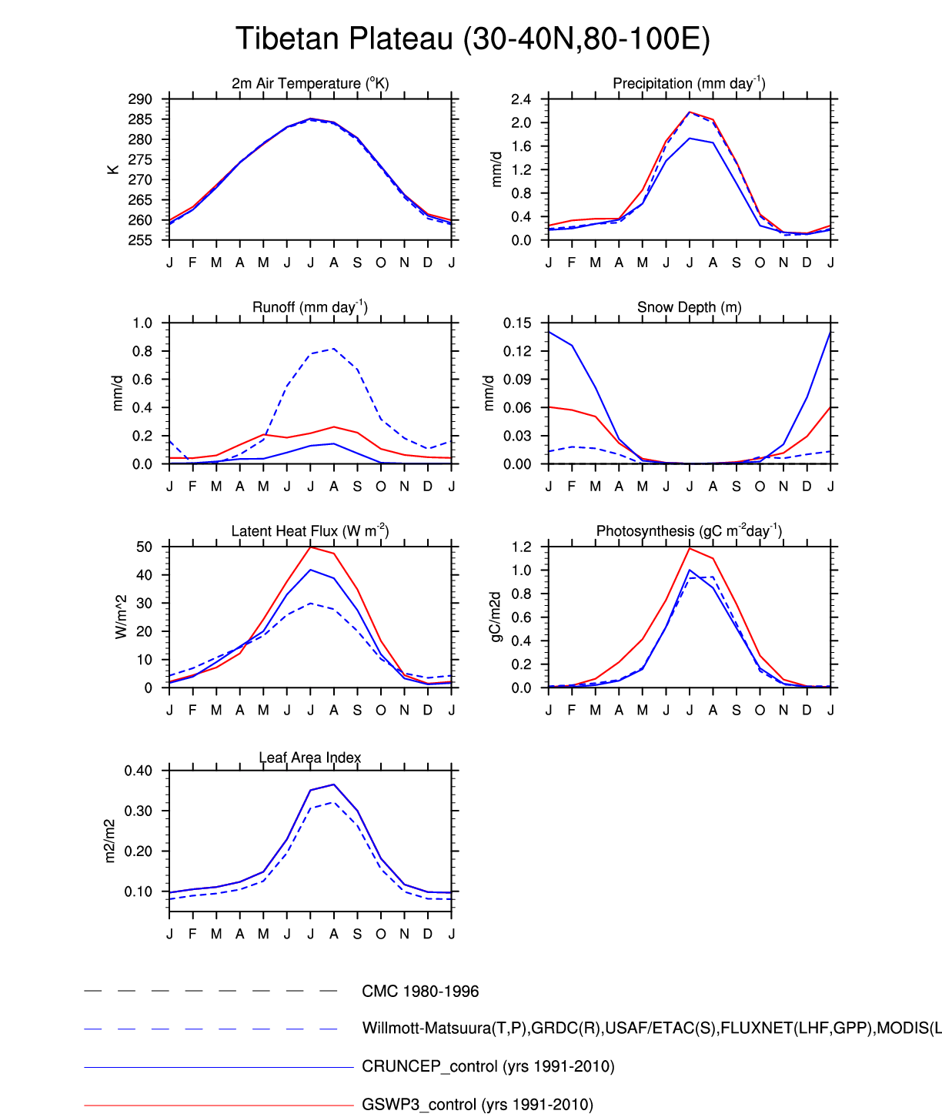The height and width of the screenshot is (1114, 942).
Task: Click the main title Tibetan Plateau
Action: [473, 38]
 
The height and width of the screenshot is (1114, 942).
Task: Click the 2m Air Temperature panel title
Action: [310, 83]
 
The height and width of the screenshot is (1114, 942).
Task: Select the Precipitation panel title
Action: [689, 83]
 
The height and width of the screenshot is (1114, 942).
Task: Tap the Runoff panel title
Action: [310, 307]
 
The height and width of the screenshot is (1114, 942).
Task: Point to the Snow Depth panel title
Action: [689, 307]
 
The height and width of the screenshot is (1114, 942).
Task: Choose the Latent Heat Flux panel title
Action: [310, 531]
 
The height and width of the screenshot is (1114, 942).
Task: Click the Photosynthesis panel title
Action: [689, 531]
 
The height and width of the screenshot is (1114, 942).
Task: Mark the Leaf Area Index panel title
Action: [310, 758]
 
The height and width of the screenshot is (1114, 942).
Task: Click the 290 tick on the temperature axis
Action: [140, 99]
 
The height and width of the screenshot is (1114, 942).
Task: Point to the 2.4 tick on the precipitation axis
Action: [521, 99]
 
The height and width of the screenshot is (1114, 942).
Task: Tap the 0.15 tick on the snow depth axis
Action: [517, 323]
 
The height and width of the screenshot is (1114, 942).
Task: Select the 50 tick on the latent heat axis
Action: [144, 547]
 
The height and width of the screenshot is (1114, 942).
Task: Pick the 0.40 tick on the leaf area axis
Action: [139, 771]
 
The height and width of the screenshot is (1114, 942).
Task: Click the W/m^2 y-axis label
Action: [121, 617]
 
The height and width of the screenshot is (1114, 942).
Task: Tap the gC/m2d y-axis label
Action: [496, 617]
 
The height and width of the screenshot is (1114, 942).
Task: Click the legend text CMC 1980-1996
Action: [420, 992]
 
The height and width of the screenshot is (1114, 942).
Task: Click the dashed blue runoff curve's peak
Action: [334, 349]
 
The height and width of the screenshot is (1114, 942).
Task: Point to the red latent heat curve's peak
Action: [310, 547]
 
